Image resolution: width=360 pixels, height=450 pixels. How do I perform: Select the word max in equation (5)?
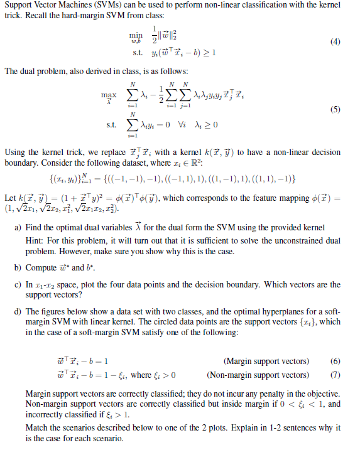pos(109,95)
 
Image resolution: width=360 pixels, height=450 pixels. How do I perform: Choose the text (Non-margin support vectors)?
pos(258,375)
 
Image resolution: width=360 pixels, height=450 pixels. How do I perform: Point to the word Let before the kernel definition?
pos(10,198)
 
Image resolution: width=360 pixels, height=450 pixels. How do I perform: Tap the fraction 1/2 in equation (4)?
pos(153,38)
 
